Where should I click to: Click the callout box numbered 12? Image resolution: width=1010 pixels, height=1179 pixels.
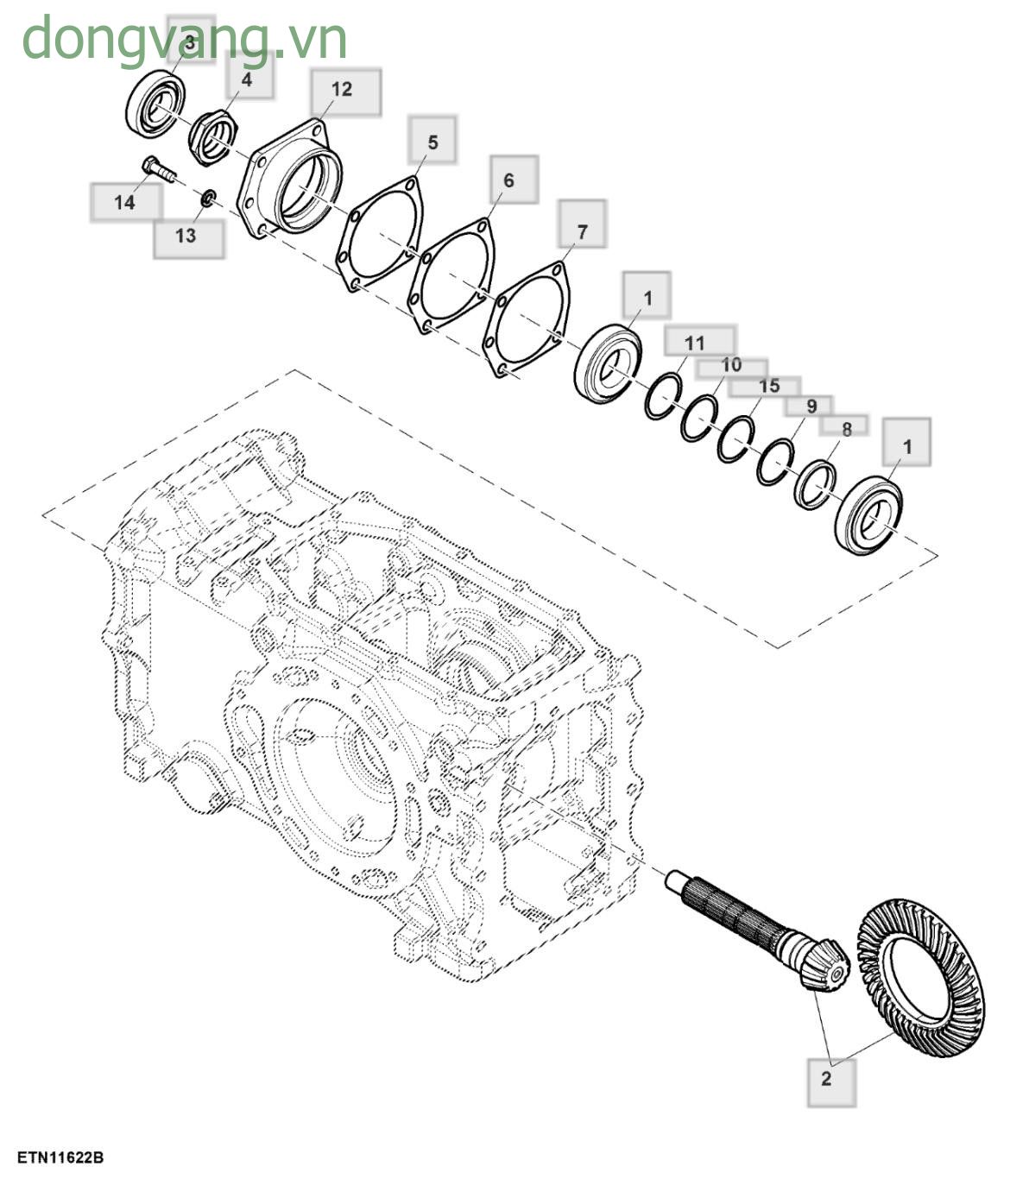coord(343,90)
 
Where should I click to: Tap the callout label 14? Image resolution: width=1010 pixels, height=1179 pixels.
coord(125,203)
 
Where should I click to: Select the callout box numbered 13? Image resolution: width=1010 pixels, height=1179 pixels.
coord(186,236)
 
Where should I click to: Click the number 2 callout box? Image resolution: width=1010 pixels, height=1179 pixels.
coord(830,1079)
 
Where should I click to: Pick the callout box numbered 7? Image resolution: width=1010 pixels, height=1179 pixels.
coord(582,231)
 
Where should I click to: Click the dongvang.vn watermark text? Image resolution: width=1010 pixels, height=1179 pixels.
coord(184,39)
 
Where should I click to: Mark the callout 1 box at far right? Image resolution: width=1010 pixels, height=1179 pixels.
coord(906,446)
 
